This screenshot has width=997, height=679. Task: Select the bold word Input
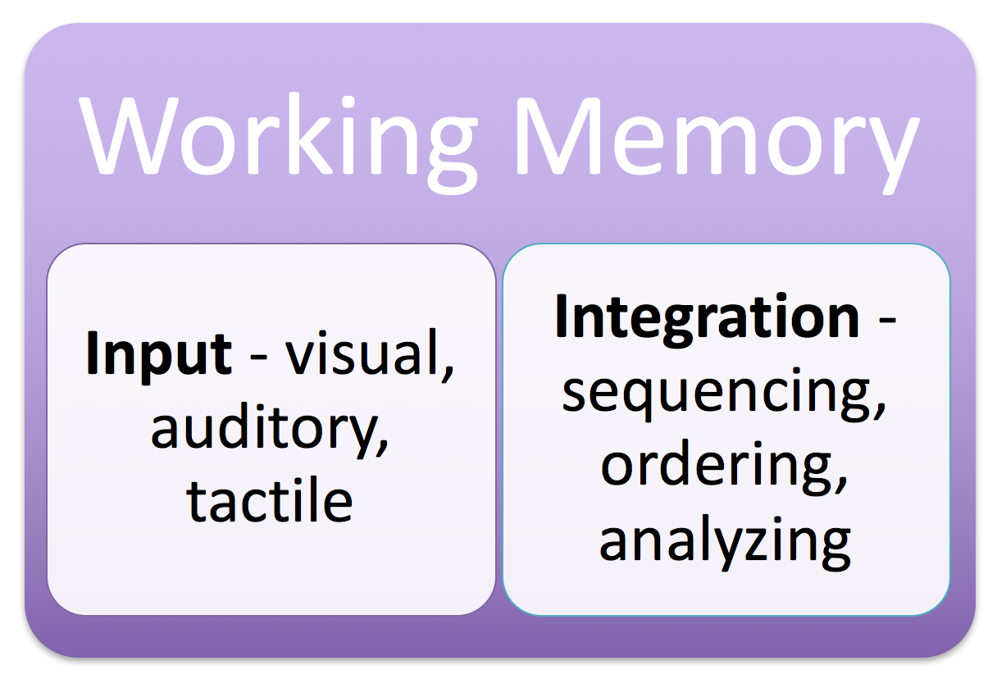point(158,354)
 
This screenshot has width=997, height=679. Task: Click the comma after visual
point(448,374)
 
